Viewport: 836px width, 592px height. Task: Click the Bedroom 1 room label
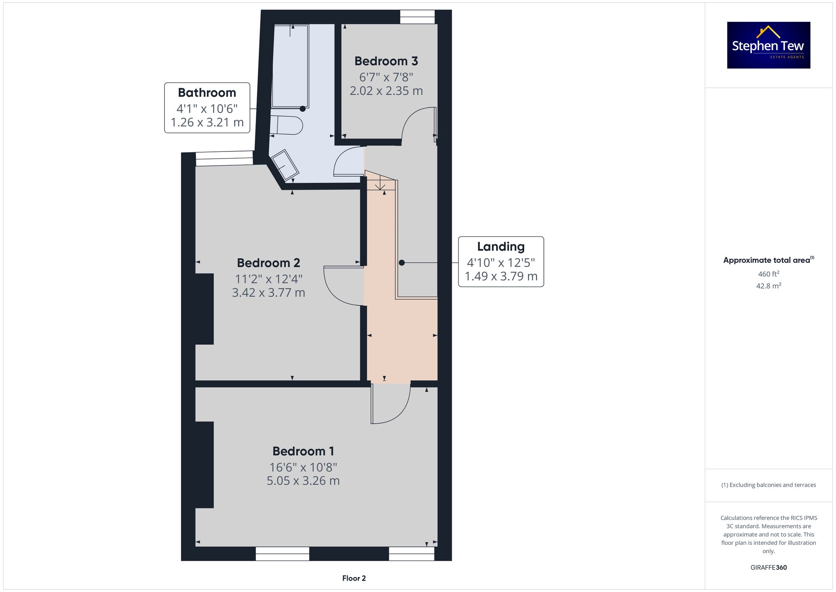[x=303, y=451]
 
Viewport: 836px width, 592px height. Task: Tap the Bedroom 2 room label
[x=268, y=263]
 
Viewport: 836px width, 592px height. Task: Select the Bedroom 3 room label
[x=386, y=61]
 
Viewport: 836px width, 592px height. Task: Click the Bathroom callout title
[x=207, y=92]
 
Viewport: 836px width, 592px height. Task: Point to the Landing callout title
[x=501, y=246]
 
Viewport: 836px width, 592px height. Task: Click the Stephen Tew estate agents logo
[x=769, y=45]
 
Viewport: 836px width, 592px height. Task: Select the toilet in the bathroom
[x=286, y=125]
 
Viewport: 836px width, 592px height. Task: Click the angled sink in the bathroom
[x=285, y=165]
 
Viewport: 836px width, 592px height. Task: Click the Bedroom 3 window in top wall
[x=417, y=17]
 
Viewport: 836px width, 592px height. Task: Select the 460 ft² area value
[x=769, y=274]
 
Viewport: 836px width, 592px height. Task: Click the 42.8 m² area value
[x=769, y=286]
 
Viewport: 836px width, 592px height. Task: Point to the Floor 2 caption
[x=354, y=578]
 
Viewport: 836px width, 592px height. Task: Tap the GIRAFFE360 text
[x=769, y=567]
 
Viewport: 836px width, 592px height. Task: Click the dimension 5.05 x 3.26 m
[x=303, y=481]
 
